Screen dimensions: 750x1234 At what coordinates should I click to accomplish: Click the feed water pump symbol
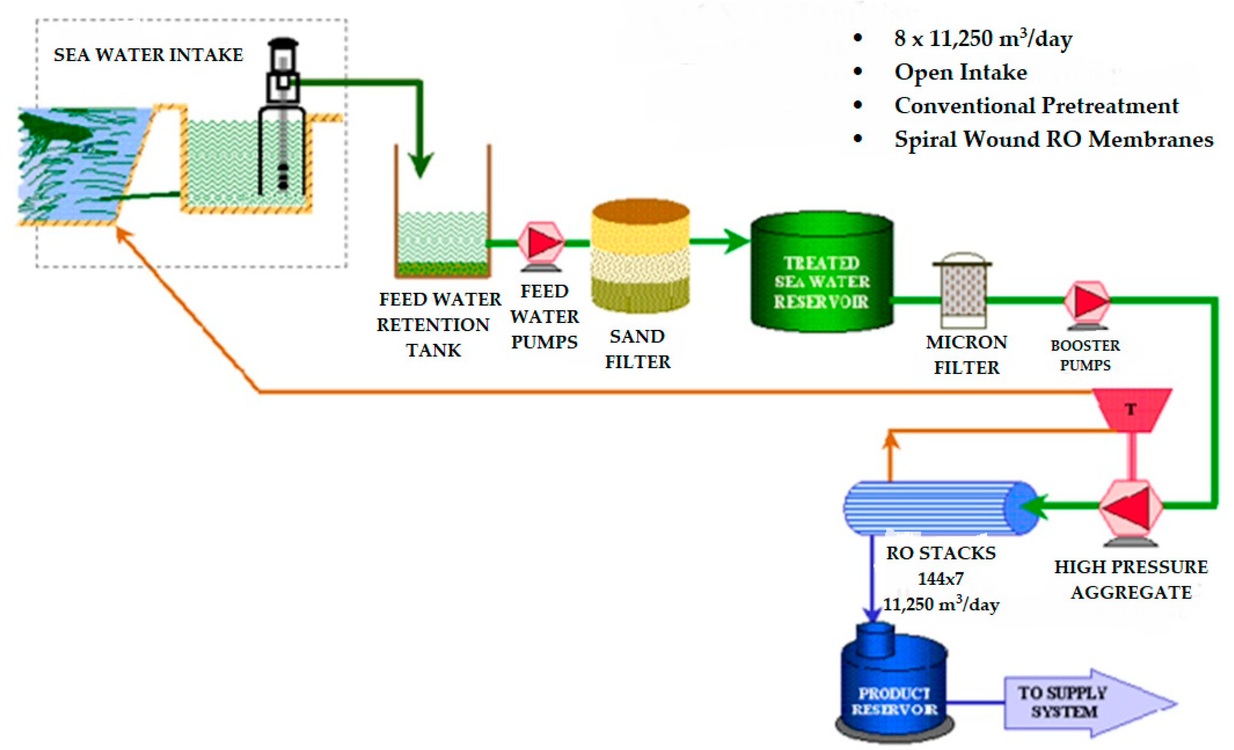tap(541, 243)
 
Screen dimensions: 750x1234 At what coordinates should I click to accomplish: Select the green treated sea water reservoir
tap(822, 273)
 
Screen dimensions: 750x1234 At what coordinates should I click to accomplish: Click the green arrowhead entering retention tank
tap(421, 165)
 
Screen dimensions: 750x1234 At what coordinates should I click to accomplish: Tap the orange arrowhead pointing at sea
tap(123, 235)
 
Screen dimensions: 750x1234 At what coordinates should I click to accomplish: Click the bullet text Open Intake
tap(961, 73)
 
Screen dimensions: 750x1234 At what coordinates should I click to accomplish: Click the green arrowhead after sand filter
tap(736, 242)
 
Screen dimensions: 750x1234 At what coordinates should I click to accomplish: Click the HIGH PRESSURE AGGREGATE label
tap(1131, 580)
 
